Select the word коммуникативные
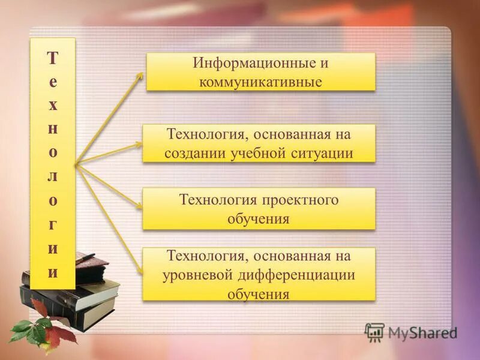[261, 81]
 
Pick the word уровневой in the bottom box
[194, 275]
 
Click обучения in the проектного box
[259, 218]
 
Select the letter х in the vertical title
[53, 105]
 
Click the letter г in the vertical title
[53, 224]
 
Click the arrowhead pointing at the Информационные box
[140, 76]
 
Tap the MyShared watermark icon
[374, 332]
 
